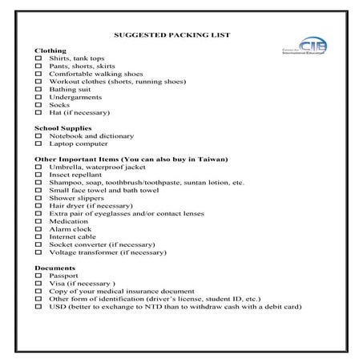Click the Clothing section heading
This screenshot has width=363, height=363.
[x=50, y=50]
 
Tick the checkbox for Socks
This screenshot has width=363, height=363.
[x=38, y=105]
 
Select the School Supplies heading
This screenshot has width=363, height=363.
[x=63, y=128]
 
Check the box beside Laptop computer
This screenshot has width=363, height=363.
[x=38, y=143]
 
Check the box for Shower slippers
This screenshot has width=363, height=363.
[x=38, y=197]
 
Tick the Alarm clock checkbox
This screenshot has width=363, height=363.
[x=38, y=228]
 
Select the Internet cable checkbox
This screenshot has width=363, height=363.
[x=38, y=236]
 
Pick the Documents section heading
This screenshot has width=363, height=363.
[x=55, y=268]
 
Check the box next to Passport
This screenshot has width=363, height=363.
[x=38, y=275]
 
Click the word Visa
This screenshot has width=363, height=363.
[x=57, y=283]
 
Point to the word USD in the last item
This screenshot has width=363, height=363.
[x=57, y=305]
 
